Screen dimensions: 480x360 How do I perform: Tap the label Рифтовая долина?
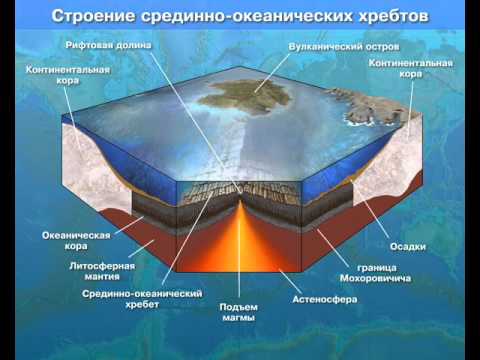pyautogui.click(x=108, y=45)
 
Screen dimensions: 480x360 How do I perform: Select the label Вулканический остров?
pyautogui.click(x=344, y=47)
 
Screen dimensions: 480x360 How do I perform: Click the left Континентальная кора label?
pyautogui.click(x=68, y=75)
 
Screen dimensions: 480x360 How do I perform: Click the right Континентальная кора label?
pyautogui.click(x=411, y=68)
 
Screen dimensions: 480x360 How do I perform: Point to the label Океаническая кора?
pyautogui.click(x=76, y=241)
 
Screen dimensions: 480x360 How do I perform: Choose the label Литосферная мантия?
pyautogui.click(x=102, y=271)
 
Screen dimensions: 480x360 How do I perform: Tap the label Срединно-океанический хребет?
pyautogui.click(x=142, y=299)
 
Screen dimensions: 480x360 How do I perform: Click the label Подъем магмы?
pyautogui.click(x=238, y=312)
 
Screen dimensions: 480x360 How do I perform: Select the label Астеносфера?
pyautogui.click(x=325, y=299)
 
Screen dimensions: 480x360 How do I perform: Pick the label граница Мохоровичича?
pyautogui.click(x=375, y=273)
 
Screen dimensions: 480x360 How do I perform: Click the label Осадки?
pyautogui.click(x=408, y=247)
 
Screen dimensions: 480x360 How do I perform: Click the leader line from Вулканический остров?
pyautogui.click(x=273, y=72)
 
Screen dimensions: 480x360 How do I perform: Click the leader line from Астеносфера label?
pyautogui.click(x=290, y=281)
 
